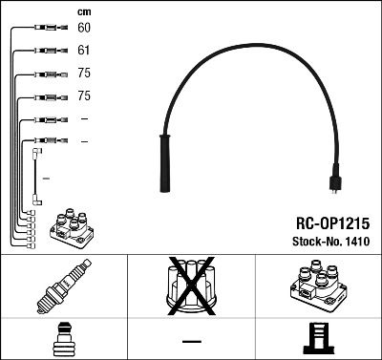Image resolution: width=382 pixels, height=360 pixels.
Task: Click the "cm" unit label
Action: [x=83, y=11]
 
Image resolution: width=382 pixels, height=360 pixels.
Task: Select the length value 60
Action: [x=83, y=29]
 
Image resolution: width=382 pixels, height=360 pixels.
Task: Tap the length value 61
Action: [x=83, y=50]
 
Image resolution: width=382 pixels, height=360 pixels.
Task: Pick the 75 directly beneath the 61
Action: [x=83, y=73]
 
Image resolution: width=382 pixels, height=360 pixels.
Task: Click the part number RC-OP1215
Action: [x=327, y=222]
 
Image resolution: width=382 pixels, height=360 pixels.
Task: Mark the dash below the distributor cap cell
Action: [x=191, y=340]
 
